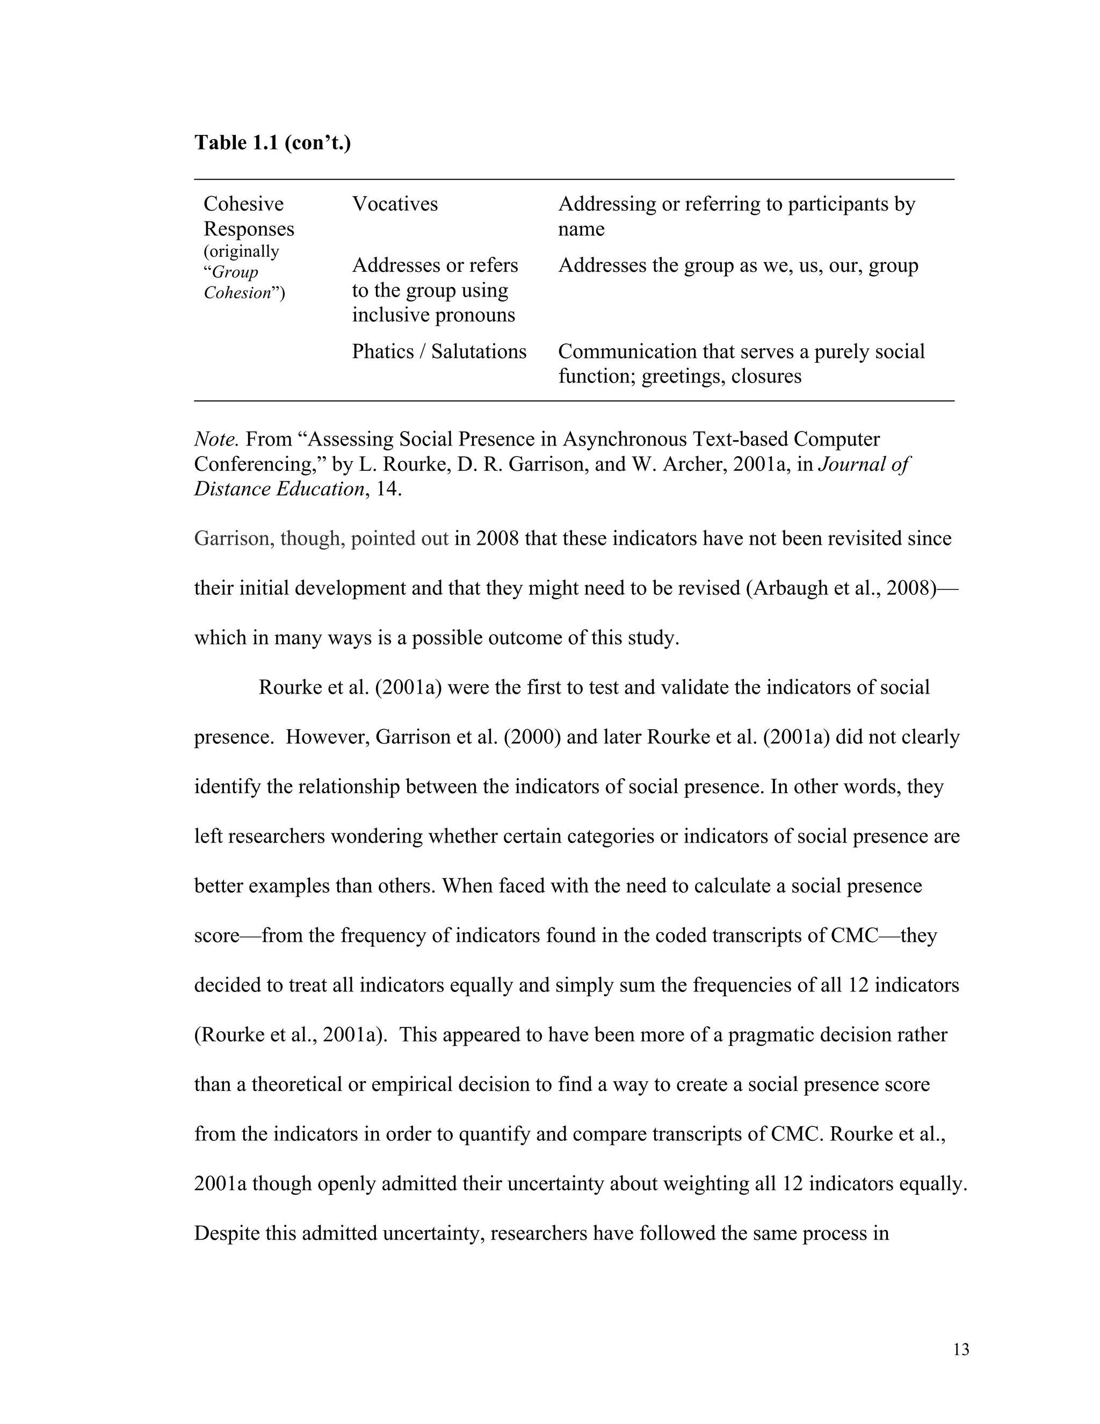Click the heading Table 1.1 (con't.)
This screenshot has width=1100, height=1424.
[x=272, y=142]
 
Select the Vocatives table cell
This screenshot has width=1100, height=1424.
[x=395, y=204]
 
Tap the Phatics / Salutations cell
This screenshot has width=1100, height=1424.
[x=439, y=351]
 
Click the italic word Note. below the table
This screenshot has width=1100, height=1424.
[x=216, y=440]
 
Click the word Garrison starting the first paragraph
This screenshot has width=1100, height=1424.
[x=234, y=538]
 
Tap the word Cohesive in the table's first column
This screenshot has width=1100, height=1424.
[x=243, y=204]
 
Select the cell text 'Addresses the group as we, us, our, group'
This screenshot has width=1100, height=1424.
[x=737, y=265]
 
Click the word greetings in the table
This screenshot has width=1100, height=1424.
[x=682, y=376]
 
